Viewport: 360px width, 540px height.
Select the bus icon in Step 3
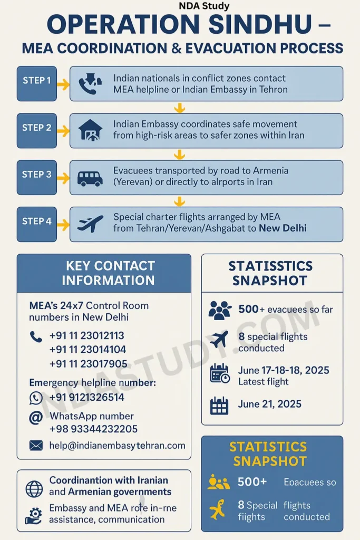click(x=90, y=178)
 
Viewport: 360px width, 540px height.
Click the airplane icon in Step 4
click(x=90, y=224)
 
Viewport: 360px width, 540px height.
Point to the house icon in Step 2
click(x=90, y=130)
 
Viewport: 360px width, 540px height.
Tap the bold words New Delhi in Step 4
click(x=283, y=228)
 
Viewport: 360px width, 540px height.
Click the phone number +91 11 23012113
click(x=87, y=335)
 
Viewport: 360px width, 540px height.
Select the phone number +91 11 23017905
click(x=88, y=363)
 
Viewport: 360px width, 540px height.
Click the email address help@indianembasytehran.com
click(x=117, y=445)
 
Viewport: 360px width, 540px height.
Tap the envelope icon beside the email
click(x=36, y=446)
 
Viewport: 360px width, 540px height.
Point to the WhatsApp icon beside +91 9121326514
click(x=36, y=398)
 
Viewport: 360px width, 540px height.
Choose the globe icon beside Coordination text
click(x=34, y=489)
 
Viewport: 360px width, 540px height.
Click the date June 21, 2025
click(x=270, y=404)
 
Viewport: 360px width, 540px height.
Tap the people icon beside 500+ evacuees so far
click(x=219, y=310)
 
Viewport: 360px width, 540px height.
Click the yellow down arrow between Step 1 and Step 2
click(x=180, y=108)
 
